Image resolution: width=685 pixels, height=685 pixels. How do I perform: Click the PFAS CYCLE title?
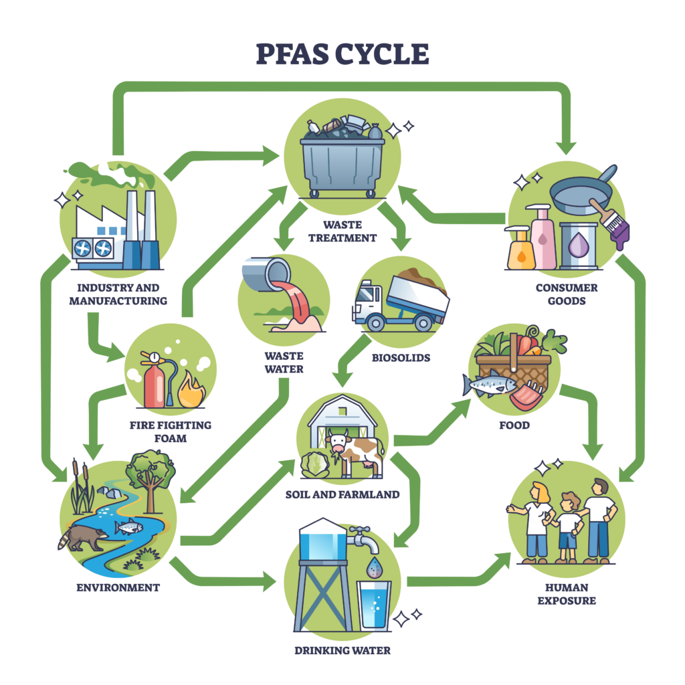342,54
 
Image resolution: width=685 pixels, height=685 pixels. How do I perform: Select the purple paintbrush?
611,221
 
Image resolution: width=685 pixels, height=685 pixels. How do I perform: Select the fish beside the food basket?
490,385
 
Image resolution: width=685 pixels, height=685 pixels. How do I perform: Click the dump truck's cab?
367,304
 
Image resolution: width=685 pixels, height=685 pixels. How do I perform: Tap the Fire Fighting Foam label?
171,431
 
